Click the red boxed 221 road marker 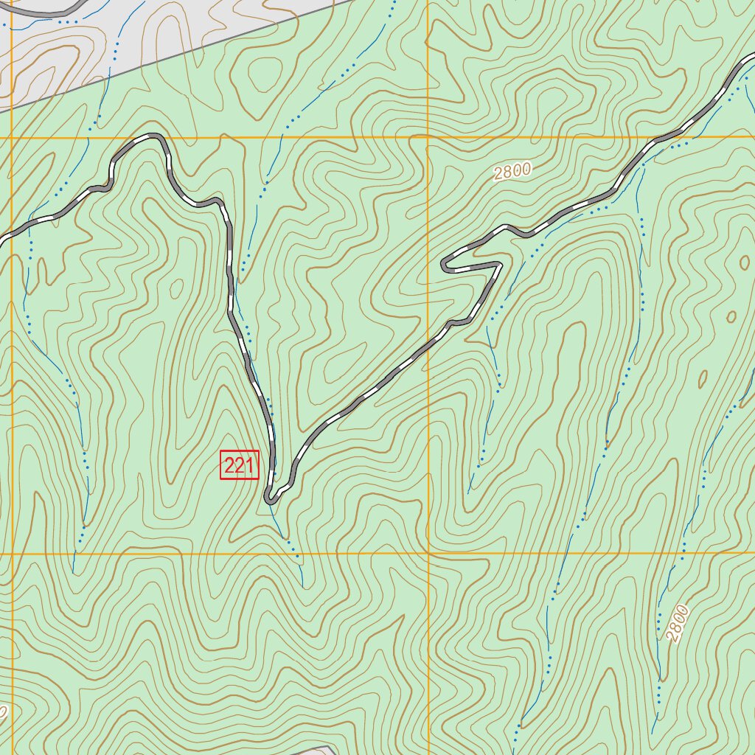pyautogui.click(x=240, y=466)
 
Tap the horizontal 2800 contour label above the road pyautogui.click(x=512, y=172)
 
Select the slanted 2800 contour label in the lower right pyautogui.click(x=675, y=623)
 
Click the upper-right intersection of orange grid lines pyautogui.click(x=428, y=137)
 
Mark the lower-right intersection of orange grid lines pyautogui.click(x=428, y=553)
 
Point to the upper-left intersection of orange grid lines pyautogui.click(x=13, y=137)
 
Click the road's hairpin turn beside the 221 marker pyautogui.click(x=271, y=499)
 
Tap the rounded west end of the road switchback pyautogui.click(x=445, y=263)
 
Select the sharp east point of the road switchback pyautogui.click(x=501, y=263)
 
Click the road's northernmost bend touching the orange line pyautogui.click(x=153, y=136)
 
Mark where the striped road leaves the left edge pyautogui.click(x=3, y=238)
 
